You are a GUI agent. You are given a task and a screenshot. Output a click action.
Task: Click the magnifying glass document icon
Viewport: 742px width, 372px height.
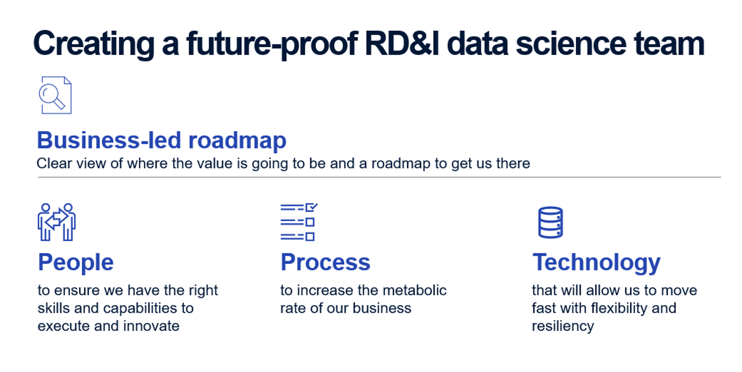(55, 95)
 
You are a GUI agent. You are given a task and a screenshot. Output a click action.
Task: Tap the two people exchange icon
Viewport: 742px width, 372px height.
(57, 222)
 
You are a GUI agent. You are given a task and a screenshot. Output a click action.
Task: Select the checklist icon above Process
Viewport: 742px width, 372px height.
(299, 222)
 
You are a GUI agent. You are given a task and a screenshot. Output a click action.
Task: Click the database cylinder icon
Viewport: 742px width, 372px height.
(550, 222)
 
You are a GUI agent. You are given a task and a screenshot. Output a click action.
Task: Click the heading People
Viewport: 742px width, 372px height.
(76, 262)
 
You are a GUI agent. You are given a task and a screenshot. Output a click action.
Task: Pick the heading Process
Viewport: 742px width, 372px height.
(325, 262)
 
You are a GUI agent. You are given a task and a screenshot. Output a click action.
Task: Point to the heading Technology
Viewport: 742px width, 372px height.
(596, 263)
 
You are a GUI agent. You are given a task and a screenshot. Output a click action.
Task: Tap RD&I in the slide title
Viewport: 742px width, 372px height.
(402, 44)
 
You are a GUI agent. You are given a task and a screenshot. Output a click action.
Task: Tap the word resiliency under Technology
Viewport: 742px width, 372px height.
(563, 326)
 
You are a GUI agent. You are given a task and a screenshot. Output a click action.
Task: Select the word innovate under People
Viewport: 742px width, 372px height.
(151, 326)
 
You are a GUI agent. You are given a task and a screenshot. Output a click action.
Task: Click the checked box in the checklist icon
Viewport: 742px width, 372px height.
(311, 207)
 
